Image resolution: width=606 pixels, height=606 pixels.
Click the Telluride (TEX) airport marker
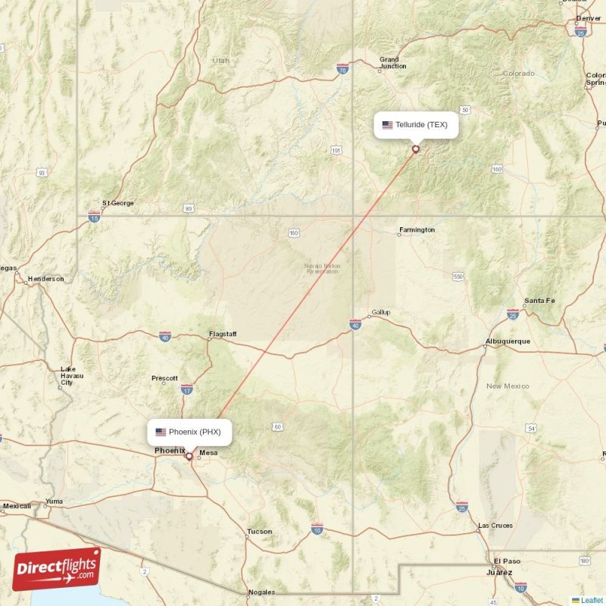pos(415,149)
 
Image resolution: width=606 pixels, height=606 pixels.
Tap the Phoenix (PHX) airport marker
pos(189,456)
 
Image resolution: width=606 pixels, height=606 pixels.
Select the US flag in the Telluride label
pos(387,125)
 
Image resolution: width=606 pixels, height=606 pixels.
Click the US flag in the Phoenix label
pos(161,432)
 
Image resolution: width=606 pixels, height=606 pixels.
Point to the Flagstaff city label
pos(223,334)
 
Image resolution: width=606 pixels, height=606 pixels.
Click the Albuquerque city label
pos(508,342)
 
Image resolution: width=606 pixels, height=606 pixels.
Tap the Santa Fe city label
pos(539,301)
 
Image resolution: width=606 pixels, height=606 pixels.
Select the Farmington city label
pos(417,230)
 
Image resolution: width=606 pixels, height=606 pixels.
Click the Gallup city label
pos(380,313)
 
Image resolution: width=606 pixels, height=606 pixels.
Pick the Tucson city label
pos(259,532)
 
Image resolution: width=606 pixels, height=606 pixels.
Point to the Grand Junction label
pos(389,63)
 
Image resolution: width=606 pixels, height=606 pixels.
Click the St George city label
pos(117,203)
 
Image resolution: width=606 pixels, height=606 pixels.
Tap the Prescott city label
pos(164,378)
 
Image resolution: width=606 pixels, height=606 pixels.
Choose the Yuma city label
pos(55,501)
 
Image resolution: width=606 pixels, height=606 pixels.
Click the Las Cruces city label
pos(495,526)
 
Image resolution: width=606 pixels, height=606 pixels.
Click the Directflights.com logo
pos(57,568)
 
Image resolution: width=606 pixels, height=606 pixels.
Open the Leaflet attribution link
pos(592,600)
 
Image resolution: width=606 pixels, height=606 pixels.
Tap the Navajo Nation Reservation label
pos(321,268)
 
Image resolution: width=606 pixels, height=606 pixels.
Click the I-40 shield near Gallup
pos(355,324)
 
